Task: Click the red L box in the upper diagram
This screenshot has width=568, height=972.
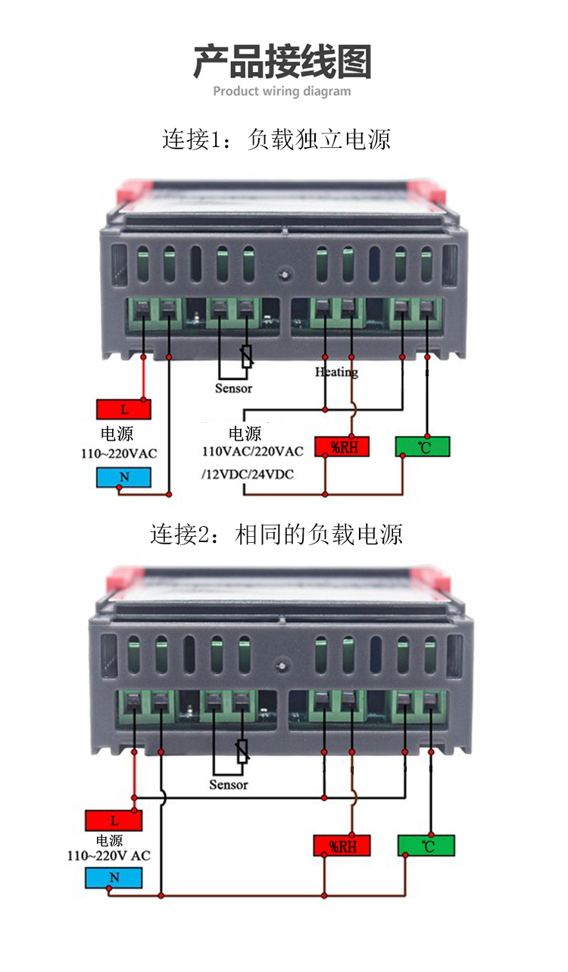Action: [123, 409]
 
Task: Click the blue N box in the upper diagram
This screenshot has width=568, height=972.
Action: [123, 478]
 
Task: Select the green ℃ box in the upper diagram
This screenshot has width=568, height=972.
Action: [423, 447]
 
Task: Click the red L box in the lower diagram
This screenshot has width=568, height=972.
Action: [114, 820]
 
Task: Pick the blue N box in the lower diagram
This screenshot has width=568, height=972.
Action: [114, 878]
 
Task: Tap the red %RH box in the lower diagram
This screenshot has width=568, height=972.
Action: [342, 845]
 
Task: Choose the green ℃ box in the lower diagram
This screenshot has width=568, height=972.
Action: [426, 845]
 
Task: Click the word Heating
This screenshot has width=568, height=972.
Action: [336, 372]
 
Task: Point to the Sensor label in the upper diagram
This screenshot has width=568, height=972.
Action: [233, 388]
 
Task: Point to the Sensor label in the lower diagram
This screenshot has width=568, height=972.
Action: [229, 785]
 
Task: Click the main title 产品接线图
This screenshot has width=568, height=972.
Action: [282, 62]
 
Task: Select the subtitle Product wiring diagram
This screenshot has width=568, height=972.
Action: [282, 92]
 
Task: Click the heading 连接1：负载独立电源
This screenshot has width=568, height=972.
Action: [276, 140]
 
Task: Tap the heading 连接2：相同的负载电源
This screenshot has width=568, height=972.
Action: [276, 534]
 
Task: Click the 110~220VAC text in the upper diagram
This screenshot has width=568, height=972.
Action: [119, 454]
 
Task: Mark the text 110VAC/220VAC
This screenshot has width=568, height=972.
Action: [252, 452]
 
